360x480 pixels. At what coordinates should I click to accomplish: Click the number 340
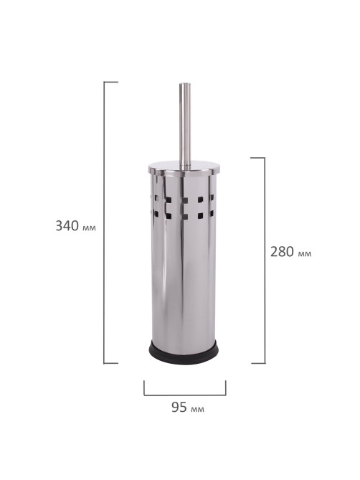pyautogui.click(x=67, y=225)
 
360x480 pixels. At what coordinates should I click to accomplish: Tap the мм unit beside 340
pyautogui.click(x=89, y=227)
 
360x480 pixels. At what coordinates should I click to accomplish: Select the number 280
pyautogui.click(x=282, y=252)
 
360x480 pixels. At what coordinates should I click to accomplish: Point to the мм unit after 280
pyautogui.click(x=304, y=254)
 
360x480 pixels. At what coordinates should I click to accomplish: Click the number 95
pyautogui.click(x=179, y=407)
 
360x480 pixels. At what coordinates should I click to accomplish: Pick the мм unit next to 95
pyautogui.click(x=197, y=409)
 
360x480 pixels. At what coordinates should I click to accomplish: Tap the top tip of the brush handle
pyautogui.click(x=185, y=83)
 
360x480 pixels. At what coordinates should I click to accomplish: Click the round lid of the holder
pyautogui.click(x=184, y=169)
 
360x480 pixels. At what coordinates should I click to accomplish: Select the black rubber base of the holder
pyautogui.click(x=184, y=352)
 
